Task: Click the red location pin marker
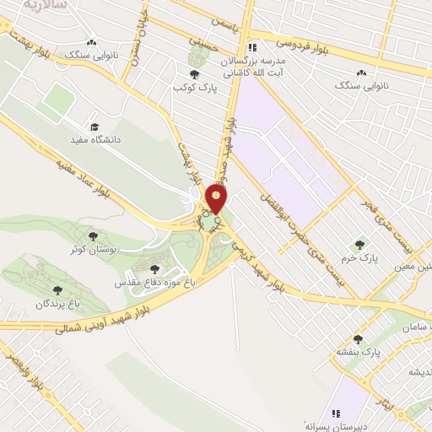pyautogui.click(x=218, y=199)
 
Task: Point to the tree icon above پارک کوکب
pyautogui.click(x=195, y=74)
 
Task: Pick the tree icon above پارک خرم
pyautogui.click(x=360, y=245)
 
